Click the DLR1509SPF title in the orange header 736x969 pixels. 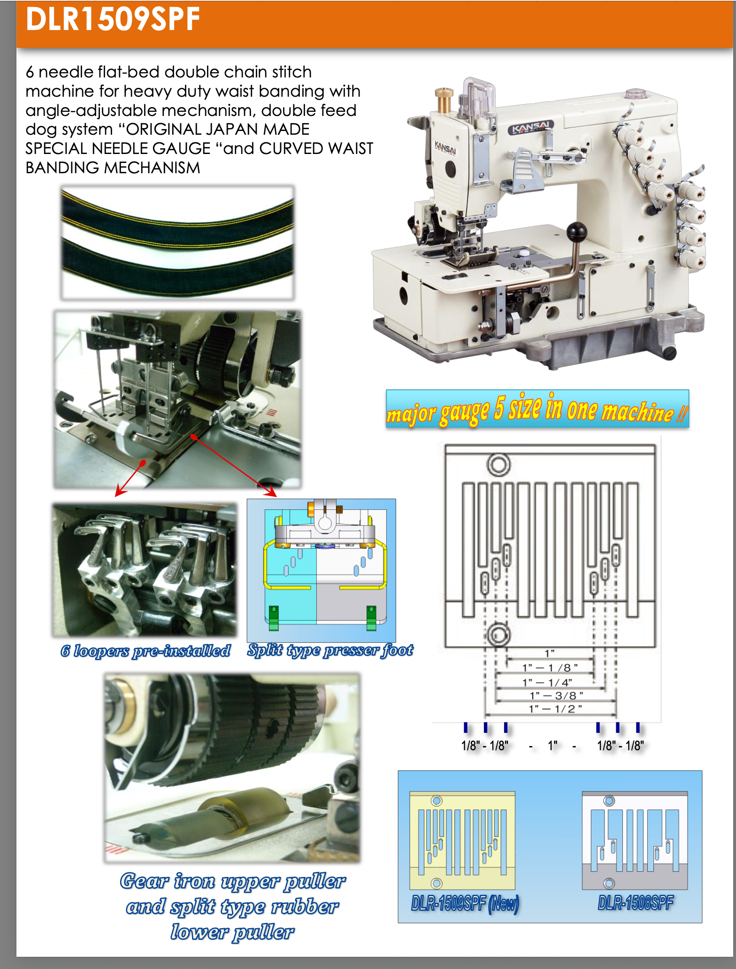(x=113, y=19)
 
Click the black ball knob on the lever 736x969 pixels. (x=577, y=231)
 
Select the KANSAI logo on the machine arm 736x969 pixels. (x=531, y=127)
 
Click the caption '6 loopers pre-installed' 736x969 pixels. (x=146, y=651)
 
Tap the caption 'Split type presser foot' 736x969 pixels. (x=330, y=650)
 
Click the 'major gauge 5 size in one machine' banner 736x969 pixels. (x=537, y=409)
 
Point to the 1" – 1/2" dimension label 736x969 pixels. (x=555, y=708)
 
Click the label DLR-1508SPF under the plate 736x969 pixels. (x=636, y=902)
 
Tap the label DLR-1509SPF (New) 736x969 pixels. (x=465, y=903)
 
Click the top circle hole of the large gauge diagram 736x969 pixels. (x=498, y=465)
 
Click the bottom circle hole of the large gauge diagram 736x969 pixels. (x=498, y=635)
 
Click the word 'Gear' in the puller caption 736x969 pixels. (x=144, y=881)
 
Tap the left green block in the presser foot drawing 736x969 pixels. (x=274, y=618)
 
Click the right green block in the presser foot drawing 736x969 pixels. (x=371, y=618)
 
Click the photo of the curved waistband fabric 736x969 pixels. (x=177, y=242)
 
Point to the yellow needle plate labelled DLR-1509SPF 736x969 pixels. (x=462, y=840)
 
